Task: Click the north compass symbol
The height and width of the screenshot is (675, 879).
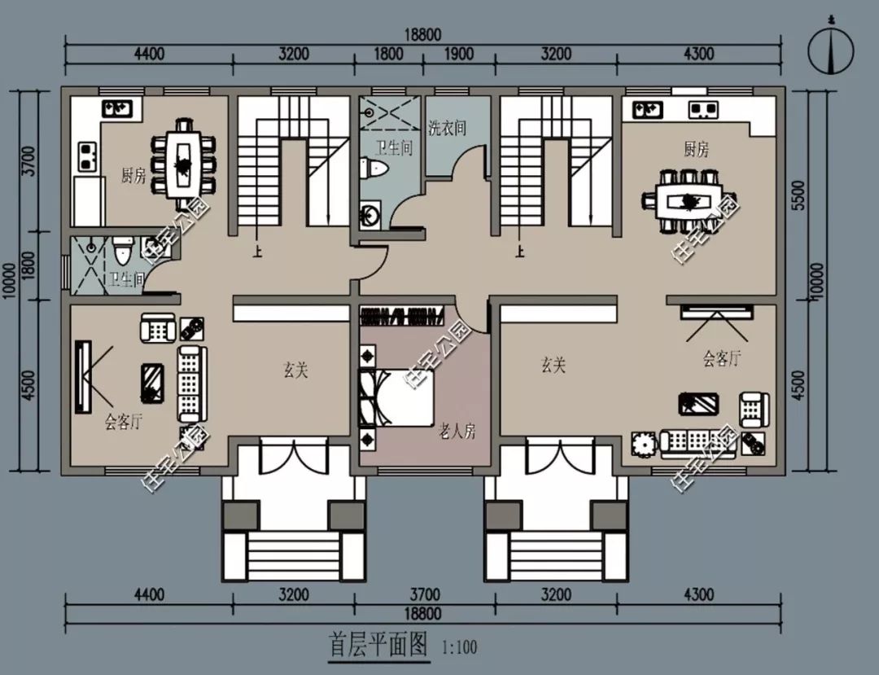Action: coord(831,50)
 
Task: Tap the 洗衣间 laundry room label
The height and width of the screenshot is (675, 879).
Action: coord(447,128)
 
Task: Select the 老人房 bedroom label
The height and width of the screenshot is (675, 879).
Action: coord(457,431)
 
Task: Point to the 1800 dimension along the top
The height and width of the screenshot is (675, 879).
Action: coord(388,54)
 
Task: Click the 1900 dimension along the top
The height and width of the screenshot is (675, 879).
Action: coord(458,54)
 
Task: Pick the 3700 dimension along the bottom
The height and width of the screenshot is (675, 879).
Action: coord(424,594)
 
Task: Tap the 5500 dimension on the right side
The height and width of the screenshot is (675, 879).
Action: coord(799,195)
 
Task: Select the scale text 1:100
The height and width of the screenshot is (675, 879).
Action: coord(459,648)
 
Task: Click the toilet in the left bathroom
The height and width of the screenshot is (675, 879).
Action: coord(122,250)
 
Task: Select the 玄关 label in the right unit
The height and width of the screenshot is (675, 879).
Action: coord(553,365)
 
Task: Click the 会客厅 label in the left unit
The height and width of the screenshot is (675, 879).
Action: coord(124,422)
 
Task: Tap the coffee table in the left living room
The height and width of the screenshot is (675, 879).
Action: coord(152,383)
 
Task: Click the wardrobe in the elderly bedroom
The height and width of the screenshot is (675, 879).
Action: coord(403,317)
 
